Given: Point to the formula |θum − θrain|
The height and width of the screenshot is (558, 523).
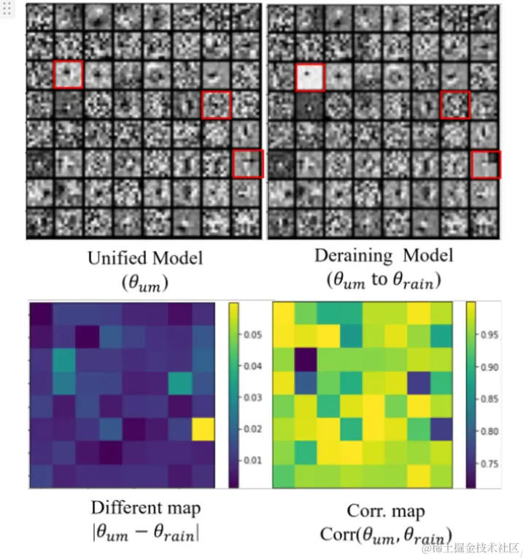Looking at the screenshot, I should [x=146, y=532].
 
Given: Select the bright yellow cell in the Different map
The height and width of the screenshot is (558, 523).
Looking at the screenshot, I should [x=203, y=430].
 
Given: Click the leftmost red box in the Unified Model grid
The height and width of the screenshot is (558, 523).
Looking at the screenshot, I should [x=69, y=74].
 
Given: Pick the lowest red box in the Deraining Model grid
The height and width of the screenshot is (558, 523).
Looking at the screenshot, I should [x=484, y=164].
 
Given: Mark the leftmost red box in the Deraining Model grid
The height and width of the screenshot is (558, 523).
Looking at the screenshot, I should [x=310, y=77].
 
